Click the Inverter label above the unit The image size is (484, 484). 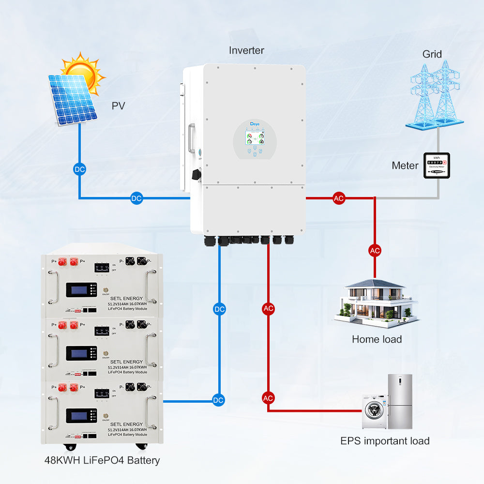point(246,50)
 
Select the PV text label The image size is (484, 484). point(119,106)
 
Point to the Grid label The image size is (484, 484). point(432,54)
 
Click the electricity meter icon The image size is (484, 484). point(437,166)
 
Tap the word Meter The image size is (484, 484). point(405,166)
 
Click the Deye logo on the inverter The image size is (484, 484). point(256,124)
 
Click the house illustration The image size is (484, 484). point(375,301)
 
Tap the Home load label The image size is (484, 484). point(377,339)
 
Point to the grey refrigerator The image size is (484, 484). point(400,401)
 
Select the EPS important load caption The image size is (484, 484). point(384,441)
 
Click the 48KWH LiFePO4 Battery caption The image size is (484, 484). point(102,460)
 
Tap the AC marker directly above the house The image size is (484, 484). point(375,250)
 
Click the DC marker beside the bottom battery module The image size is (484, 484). point(219,400)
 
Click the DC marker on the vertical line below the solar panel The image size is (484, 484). point(79,169)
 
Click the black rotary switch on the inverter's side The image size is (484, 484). point(197,173)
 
